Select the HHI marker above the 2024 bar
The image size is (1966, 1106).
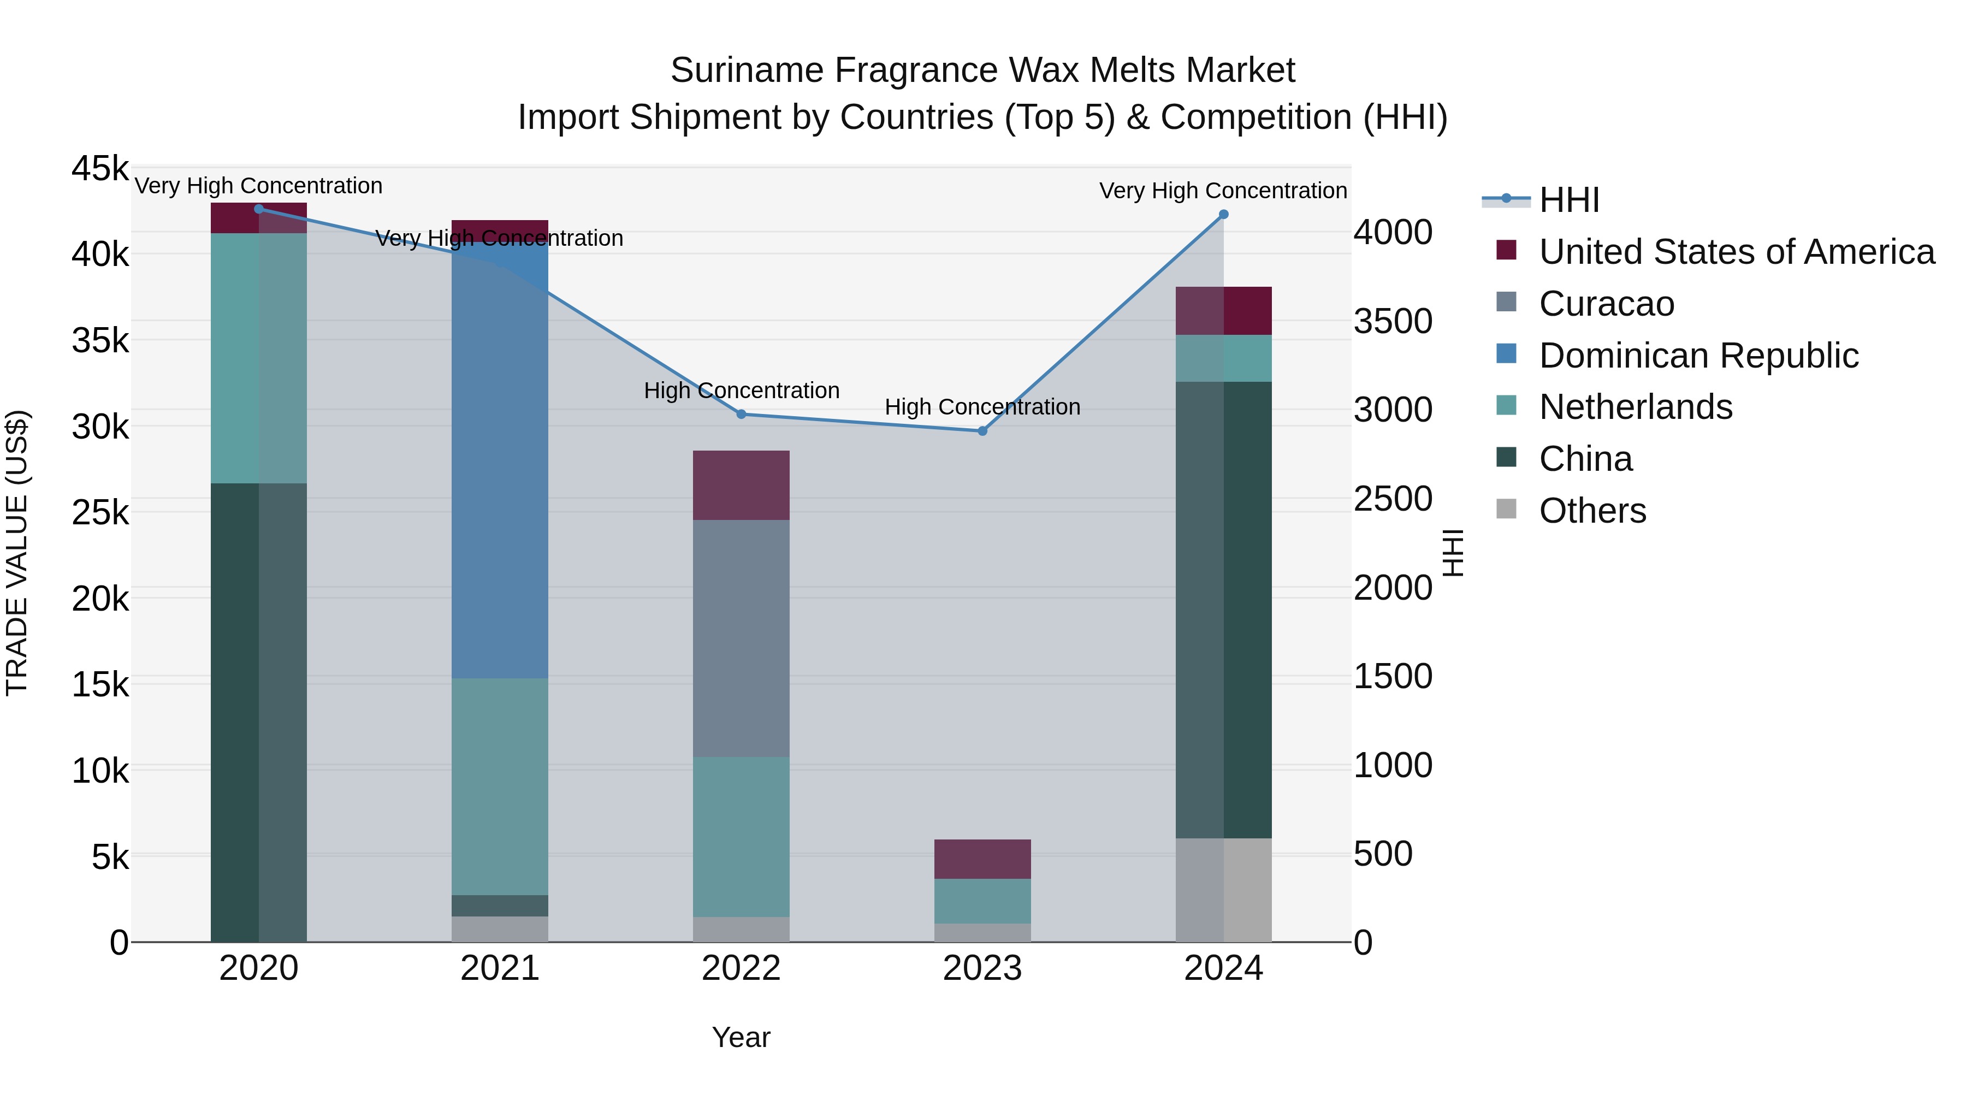pos(1223,215)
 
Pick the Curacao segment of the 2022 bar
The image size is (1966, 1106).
pos(741,638)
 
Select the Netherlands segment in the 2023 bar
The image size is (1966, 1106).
pos(982,901)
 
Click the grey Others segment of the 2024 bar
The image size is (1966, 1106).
pos(1223,890)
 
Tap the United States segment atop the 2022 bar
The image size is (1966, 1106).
pos(741,486)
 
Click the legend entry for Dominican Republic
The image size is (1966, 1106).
pos(1698,356)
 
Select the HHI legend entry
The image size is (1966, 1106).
pos(1568,200)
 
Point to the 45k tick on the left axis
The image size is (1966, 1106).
pos(100,169)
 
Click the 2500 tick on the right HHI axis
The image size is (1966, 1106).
pos(1393,499)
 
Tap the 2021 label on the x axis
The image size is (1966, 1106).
pos(500,968)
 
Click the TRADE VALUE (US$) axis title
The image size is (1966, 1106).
pos(17,553)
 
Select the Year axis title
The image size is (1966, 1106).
pos(741,1037)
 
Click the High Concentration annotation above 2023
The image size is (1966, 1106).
pos(982,407)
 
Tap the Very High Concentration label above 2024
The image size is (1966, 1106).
pos(1223,191)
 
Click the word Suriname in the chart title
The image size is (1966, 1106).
pos(747,70)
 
